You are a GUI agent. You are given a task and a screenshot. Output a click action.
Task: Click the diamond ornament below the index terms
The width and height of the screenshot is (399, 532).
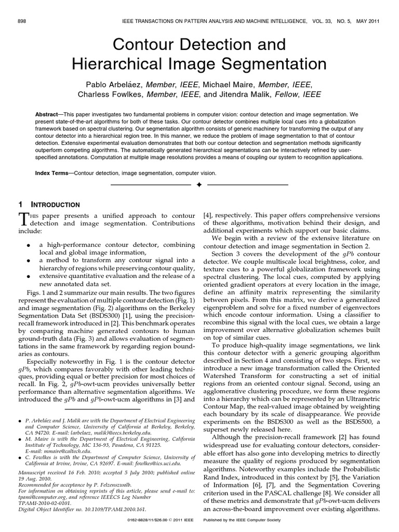tap(199, 184)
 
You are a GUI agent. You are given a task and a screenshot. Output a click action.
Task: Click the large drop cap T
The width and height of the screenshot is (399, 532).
tap(23, 218)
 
